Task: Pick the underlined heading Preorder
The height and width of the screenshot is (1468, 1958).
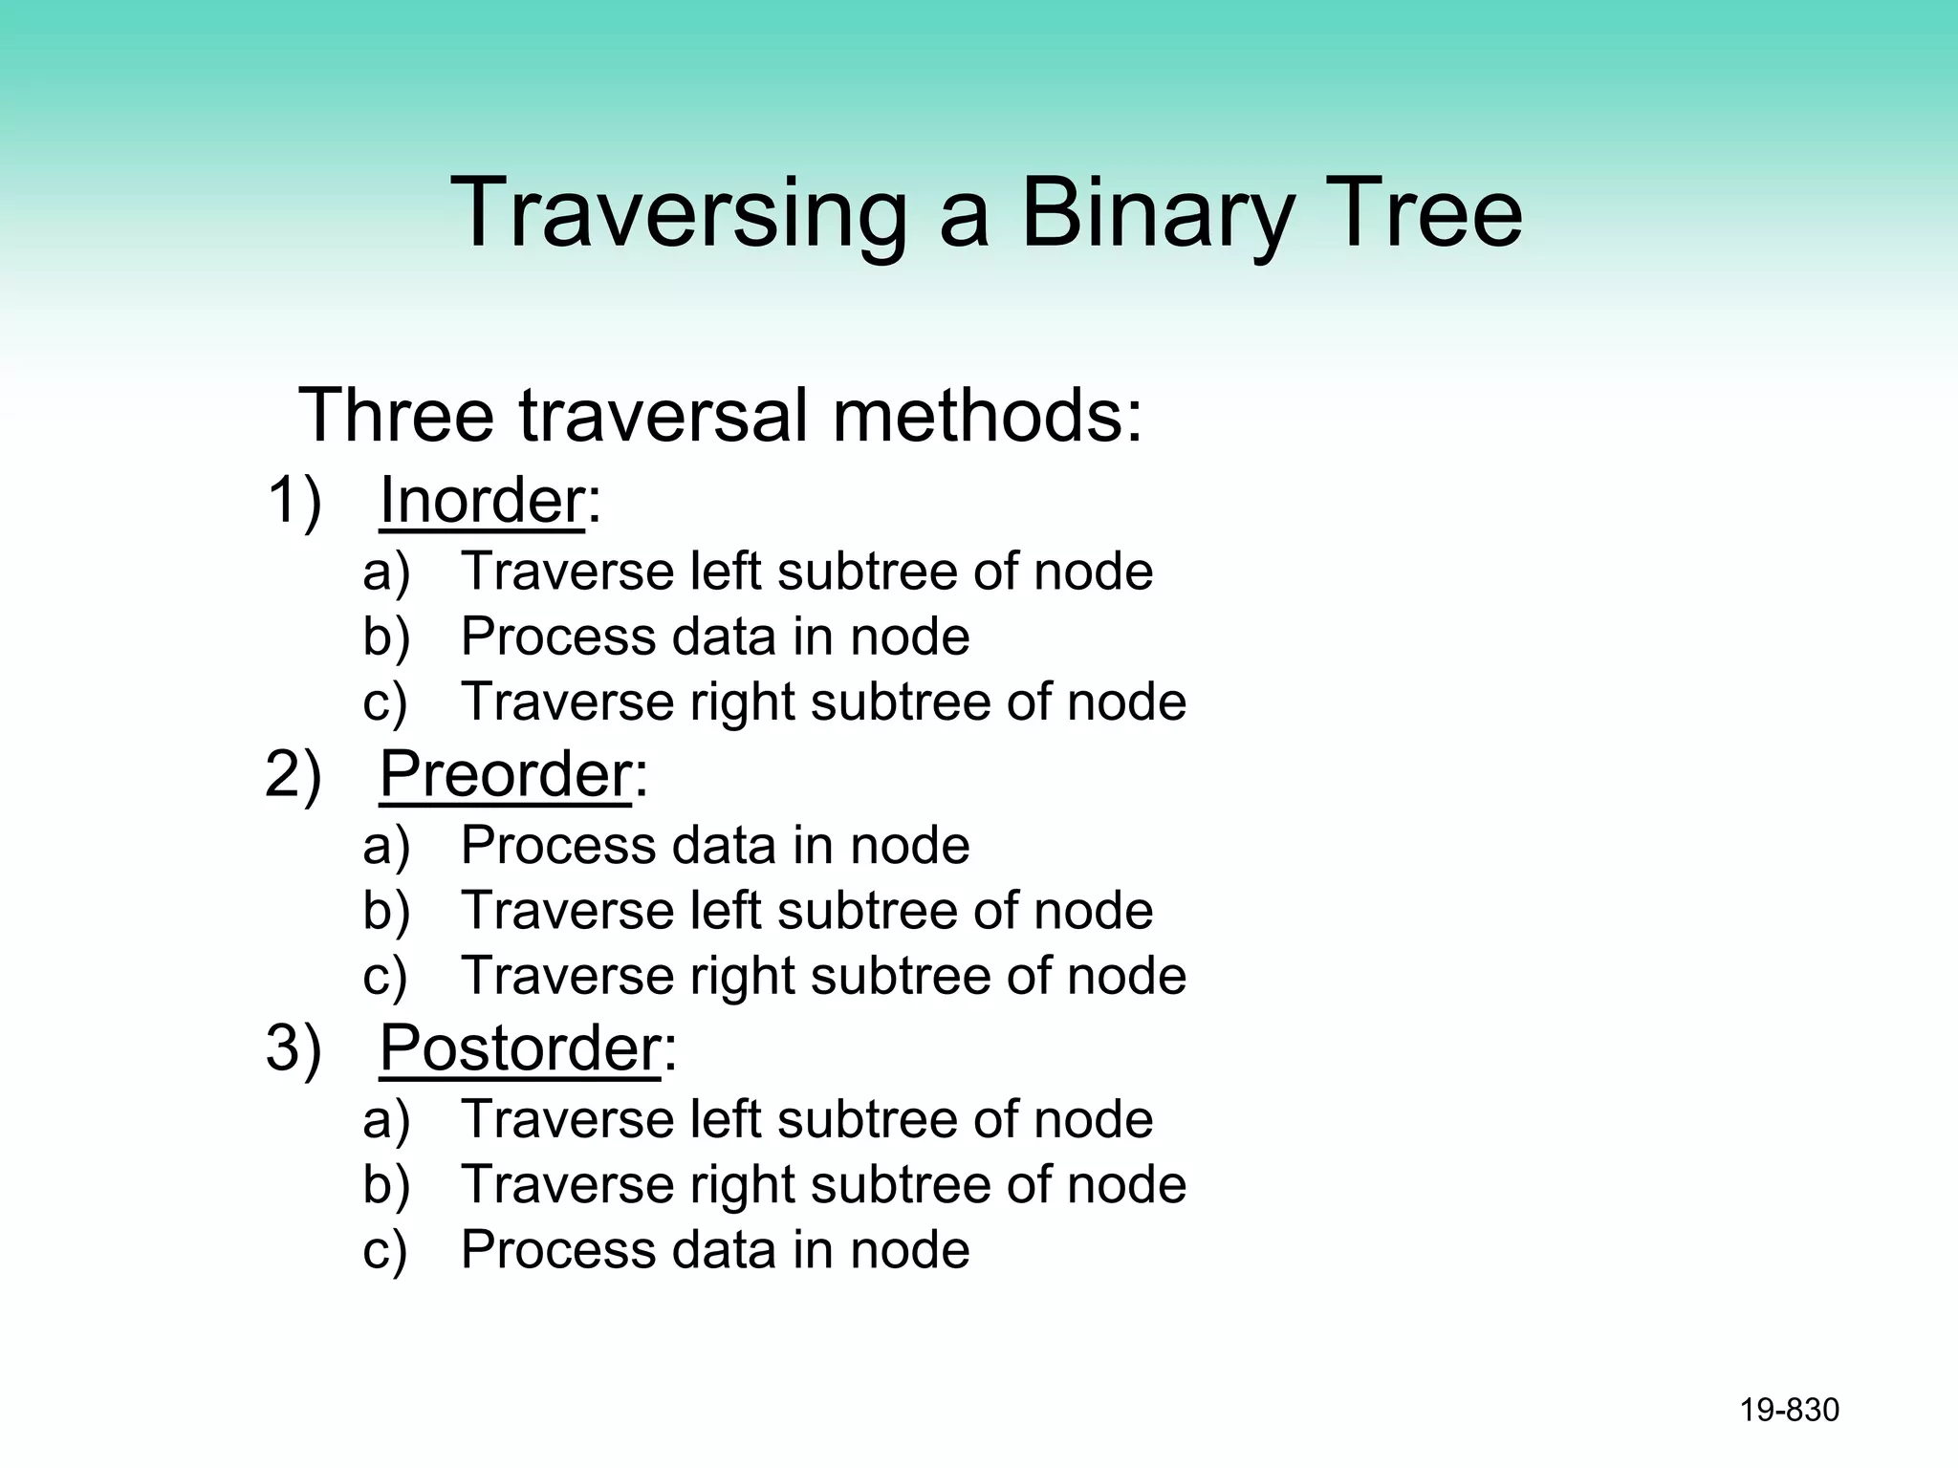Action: click(x=505, y=773)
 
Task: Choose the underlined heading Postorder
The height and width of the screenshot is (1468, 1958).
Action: click(x=519, y=1047)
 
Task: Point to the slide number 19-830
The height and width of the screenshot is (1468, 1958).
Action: click(x=1789, y=1410)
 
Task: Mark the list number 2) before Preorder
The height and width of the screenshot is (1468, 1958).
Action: click(x=294, y=773)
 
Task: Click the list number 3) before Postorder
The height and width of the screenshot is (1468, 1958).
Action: click(x=294, y=1047)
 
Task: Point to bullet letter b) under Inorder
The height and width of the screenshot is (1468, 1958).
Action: click(x=386, y=637)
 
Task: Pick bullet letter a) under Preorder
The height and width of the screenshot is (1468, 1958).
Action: click(x=386, y=846)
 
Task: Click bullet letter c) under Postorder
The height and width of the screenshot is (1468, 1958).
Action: click(x=385, y=1250)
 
